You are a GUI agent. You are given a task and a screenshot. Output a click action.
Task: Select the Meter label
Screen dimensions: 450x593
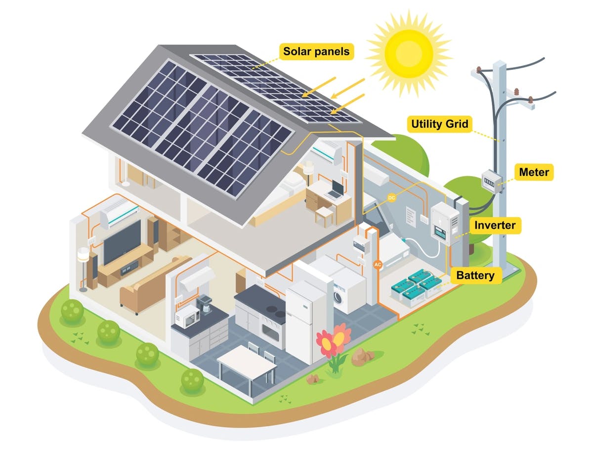pos(534,172)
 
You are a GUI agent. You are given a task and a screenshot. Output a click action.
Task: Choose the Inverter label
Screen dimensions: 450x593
pos(495,225)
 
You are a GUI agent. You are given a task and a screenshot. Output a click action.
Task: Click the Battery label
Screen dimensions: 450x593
pos(475,275)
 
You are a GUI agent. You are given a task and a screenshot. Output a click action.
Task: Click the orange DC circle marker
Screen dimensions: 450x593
pos(391,198)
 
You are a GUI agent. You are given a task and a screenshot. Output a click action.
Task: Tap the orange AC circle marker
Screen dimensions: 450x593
pos(378,264)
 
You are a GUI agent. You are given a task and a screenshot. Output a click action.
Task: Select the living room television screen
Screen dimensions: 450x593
pos(121,242)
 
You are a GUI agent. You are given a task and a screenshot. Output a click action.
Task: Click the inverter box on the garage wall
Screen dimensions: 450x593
pos(445,225)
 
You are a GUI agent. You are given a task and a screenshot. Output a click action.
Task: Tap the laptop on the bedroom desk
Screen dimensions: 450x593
pos(337,190)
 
